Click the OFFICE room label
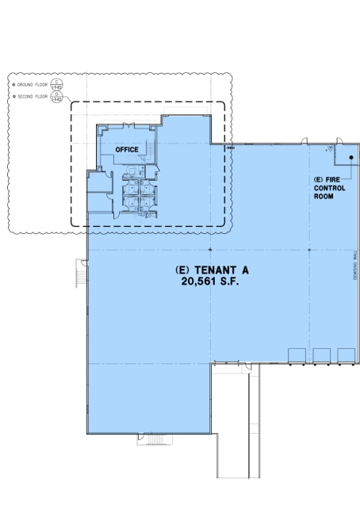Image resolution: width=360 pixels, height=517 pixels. click(x=127, y=149)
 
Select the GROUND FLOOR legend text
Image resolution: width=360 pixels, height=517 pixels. click(x=33, y=83)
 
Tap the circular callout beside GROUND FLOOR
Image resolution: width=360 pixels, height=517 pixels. click(x=56, y=83)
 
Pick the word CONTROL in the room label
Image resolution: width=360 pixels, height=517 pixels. click(x=327, y=188)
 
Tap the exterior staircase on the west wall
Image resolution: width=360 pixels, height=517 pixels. click(x=80, y=278)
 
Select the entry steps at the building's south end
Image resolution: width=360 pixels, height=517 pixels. click(x=152, y=438)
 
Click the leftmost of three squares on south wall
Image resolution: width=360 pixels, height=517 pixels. click(x=297, y=355)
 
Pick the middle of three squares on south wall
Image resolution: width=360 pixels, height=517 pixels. click(x=322, y=355)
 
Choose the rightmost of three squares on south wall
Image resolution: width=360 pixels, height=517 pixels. click(x=346, y=355)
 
